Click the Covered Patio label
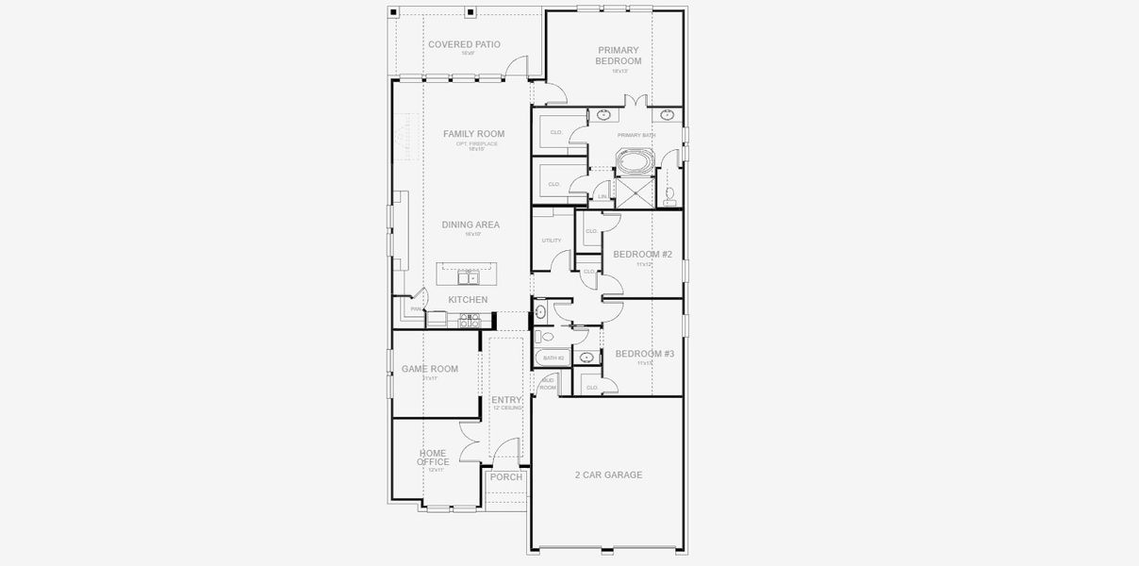click(464, 44)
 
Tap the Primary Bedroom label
click(618, 56)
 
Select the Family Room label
click(473, 134)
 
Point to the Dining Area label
click(470, 225)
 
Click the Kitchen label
click(468, 300)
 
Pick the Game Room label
click(430, 369)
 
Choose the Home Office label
click(434, 458)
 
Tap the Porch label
click(506, 477)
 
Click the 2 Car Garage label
click(608, 474)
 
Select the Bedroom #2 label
click(642, 254)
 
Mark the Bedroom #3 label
click(645, 354)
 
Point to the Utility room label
click(552, 241)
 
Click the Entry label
click(506, 400)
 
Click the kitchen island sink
click(468, 277)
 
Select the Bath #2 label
click(553, 358)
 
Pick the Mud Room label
click(548, 384)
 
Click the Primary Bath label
click(636, 136)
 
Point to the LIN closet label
click(603, 197)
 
